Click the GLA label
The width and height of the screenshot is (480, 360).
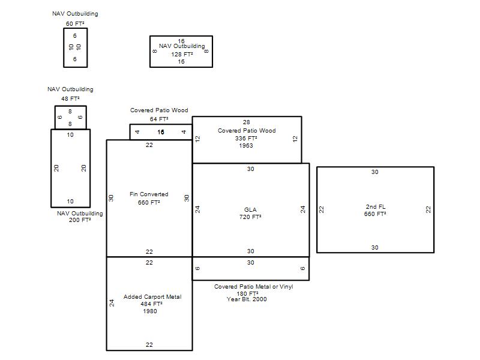pos(250,209)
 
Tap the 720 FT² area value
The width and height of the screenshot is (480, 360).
pos(250,217)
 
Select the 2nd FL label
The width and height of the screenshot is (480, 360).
pos(376,206)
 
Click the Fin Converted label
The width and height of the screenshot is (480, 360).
pos(149,194)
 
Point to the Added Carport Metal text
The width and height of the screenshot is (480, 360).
pos(152,296)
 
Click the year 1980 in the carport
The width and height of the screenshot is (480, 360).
pos(150,311)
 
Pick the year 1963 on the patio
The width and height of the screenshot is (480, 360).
pos(246,145)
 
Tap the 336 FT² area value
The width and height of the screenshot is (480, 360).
pos(246,138)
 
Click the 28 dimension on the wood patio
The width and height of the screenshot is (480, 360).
pos(247,122)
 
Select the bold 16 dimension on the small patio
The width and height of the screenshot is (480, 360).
pos(161,132)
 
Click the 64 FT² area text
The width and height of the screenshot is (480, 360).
pos(159,119)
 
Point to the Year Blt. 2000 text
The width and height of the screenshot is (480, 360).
pos(247,299)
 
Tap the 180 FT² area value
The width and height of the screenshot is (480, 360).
pos(247,293)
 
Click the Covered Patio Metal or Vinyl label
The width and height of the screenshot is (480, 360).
pos(253,287)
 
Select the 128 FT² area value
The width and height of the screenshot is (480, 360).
pos(182,54)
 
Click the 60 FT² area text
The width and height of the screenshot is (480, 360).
pos(75,23)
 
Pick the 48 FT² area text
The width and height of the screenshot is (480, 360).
pos(70,98)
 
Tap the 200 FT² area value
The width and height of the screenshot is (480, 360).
pos(80,220)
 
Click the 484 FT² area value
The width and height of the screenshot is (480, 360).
pos(152,304)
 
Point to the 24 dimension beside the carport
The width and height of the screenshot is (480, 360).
pos(112,303)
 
